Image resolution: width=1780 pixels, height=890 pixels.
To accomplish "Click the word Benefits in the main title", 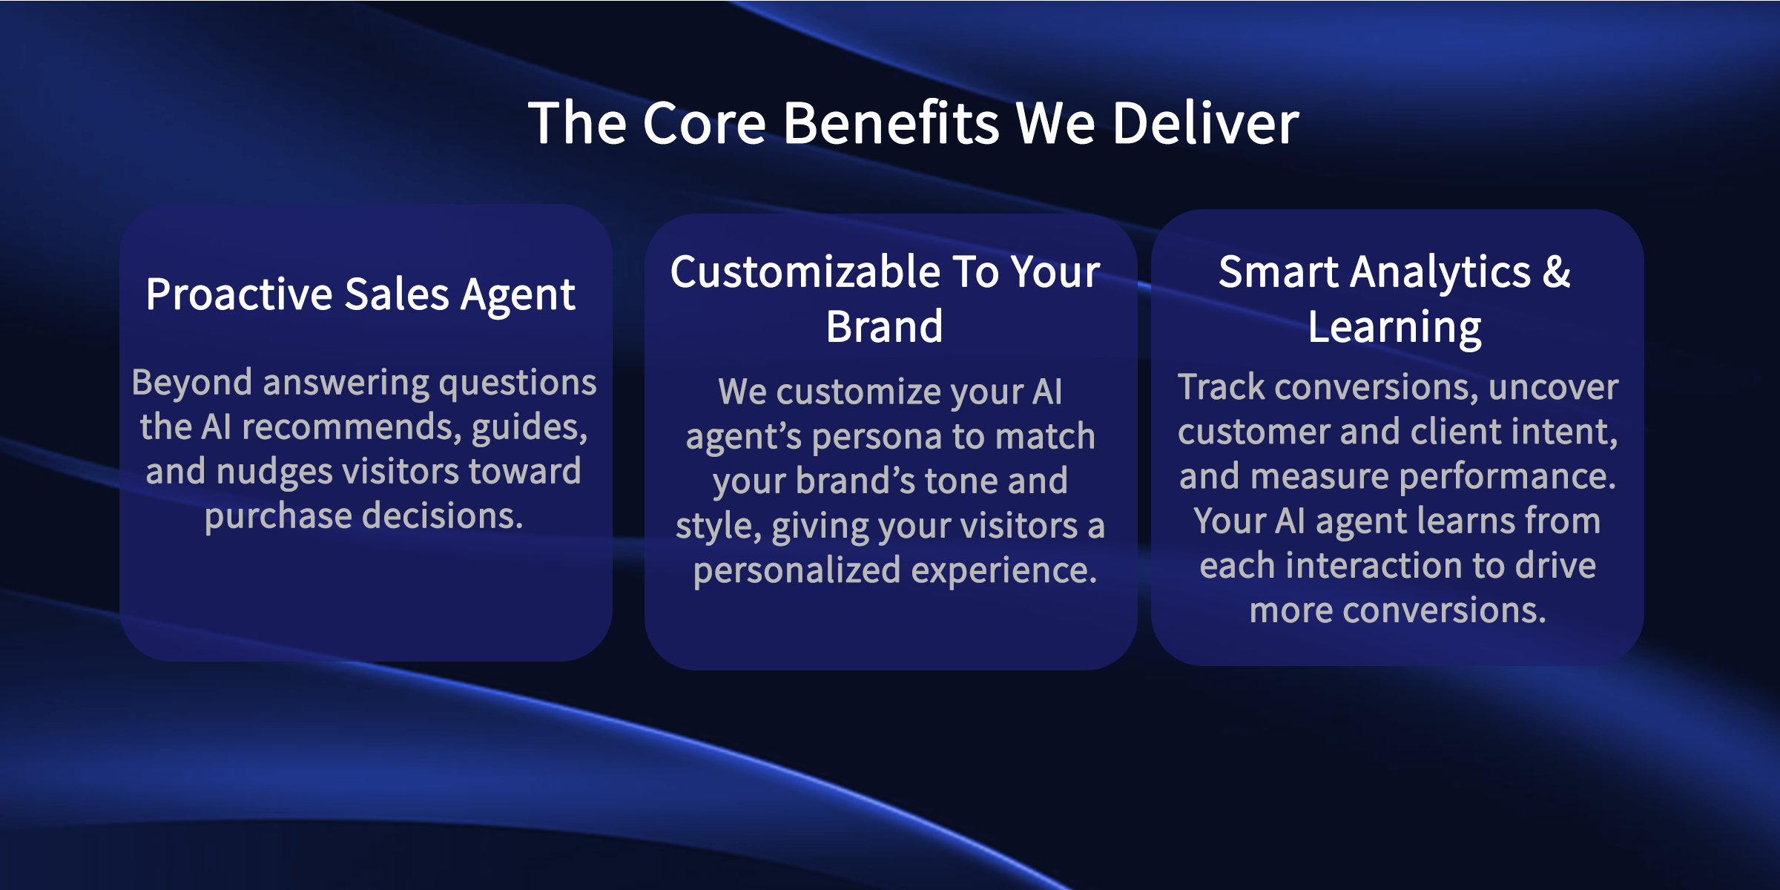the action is [x=891, y=123].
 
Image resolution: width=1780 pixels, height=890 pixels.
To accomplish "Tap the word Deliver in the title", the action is [x=1206, y=123].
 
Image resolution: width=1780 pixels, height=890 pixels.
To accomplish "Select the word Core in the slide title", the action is [x=705, y=123].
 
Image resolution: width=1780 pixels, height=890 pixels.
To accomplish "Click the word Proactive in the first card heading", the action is [x=239, y=294].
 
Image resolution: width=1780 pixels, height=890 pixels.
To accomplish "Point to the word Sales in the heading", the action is [x=397, y=294].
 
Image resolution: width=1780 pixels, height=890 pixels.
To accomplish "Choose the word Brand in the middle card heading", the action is [x=885, y=327].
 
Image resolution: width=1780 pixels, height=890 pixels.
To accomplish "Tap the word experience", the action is [x=1004, y=571].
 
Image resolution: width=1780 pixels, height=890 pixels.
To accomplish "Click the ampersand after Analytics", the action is [x=1557, y=271].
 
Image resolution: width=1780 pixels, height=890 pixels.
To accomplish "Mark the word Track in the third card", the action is [x=1221, y=387].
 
